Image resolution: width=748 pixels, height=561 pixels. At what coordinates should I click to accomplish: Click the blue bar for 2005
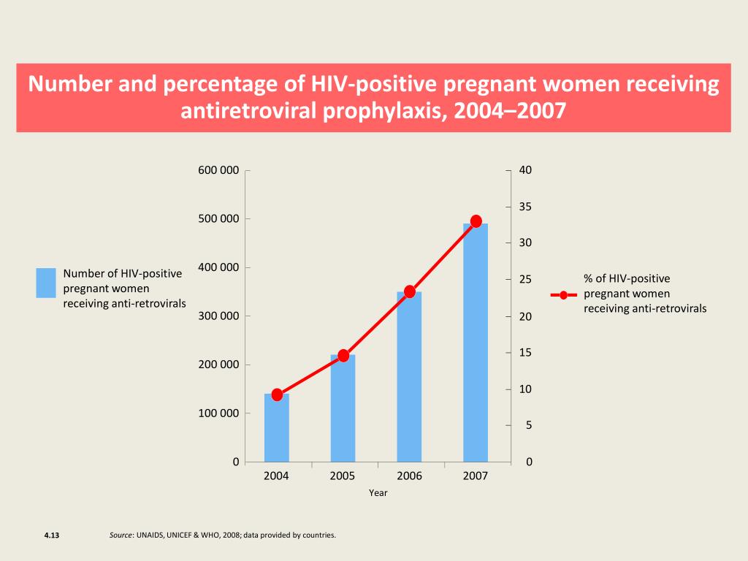point(343,408)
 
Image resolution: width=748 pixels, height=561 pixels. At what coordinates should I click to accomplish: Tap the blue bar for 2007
point(476,343)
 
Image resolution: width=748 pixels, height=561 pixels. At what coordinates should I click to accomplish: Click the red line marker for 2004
point(277,394)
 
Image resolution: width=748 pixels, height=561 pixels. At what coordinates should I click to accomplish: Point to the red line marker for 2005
point(343,356)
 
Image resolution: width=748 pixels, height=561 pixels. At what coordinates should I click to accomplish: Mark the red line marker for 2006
point(410,291)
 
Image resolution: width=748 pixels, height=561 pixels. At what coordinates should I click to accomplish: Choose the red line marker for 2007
point(476,221)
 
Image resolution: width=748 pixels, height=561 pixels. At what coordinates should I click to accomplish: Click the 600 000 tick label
point(218,170)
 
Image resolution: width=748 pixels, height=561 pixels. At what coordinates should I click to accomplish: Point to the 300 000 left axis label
point(218,316)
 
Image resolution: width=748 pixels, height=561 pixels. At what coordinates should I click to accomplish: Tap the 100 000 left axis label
point(218,413)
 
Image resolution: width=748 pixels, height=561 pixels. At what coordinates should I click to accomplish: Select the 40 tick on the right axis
point(526,170)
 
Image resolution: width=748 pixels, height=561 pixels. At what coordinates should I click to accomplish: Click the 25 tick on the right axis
point(526,280)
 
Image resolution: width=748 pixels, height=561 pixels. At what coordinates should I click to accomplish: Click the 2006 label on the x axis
point(409,476)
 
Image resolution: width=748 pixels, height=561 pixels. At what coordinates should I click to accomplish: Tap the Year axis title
point(378,493)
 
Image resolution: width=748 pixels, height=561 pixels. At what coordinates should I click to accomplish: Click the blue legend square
point(46,283)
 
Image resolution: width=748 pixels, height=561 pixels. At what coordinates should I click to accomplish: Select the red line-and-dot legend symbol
point(563,295)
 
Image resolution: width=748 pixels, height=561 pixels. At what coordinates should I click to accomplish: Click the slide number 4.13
point(51,535)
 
